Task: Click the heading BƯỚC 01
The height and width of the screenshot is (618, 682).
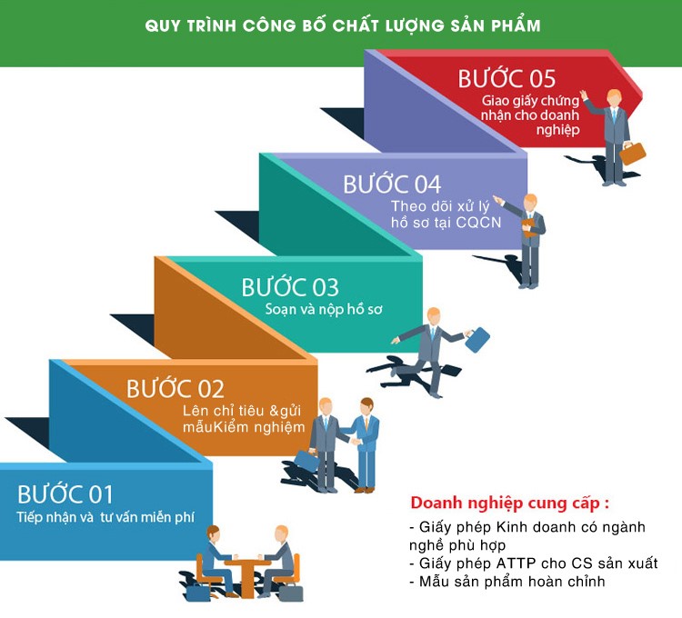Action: pos(65,494)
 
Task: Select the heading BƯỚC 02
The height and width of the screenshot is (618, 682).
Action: pos(176,389)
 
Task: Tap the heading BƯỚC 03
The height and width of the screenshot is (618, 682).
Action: pos(289,287)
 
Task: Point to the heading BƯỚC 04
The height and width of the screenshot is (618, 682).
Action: pos(392,184)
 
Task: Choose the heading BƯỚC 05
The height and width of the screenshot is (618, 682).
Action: pos(506,78)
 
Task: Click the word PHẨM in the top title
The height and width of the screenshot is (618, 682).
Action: pos(512,26)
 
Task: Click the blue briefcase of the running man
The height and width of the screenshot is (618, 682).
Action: pos(477,339)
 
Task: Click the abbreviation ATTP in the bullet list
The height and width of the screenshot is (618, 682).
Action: pos(521,563)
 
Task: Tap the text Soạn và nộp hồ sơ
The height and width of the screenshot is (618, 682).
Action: pos(324,310)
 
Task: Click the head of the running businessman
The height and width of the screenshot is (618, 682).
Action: pos(434,315)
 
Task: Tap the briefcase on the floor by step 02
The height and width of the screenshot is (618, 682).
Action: pos(307,461)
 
